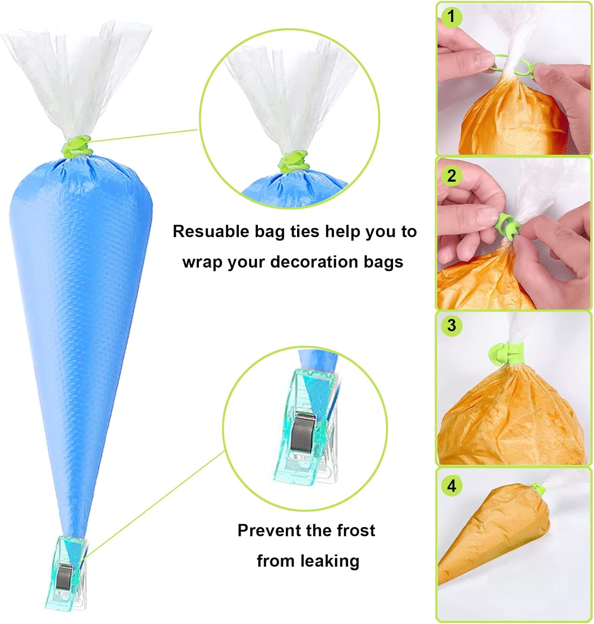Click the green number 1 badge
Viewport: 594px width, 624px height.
451,17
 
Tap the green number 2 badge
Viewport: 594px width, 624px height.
451,176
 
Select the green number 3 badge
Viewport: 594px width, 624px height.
451,325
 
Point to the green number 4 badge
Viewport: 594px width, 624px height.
451,485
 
